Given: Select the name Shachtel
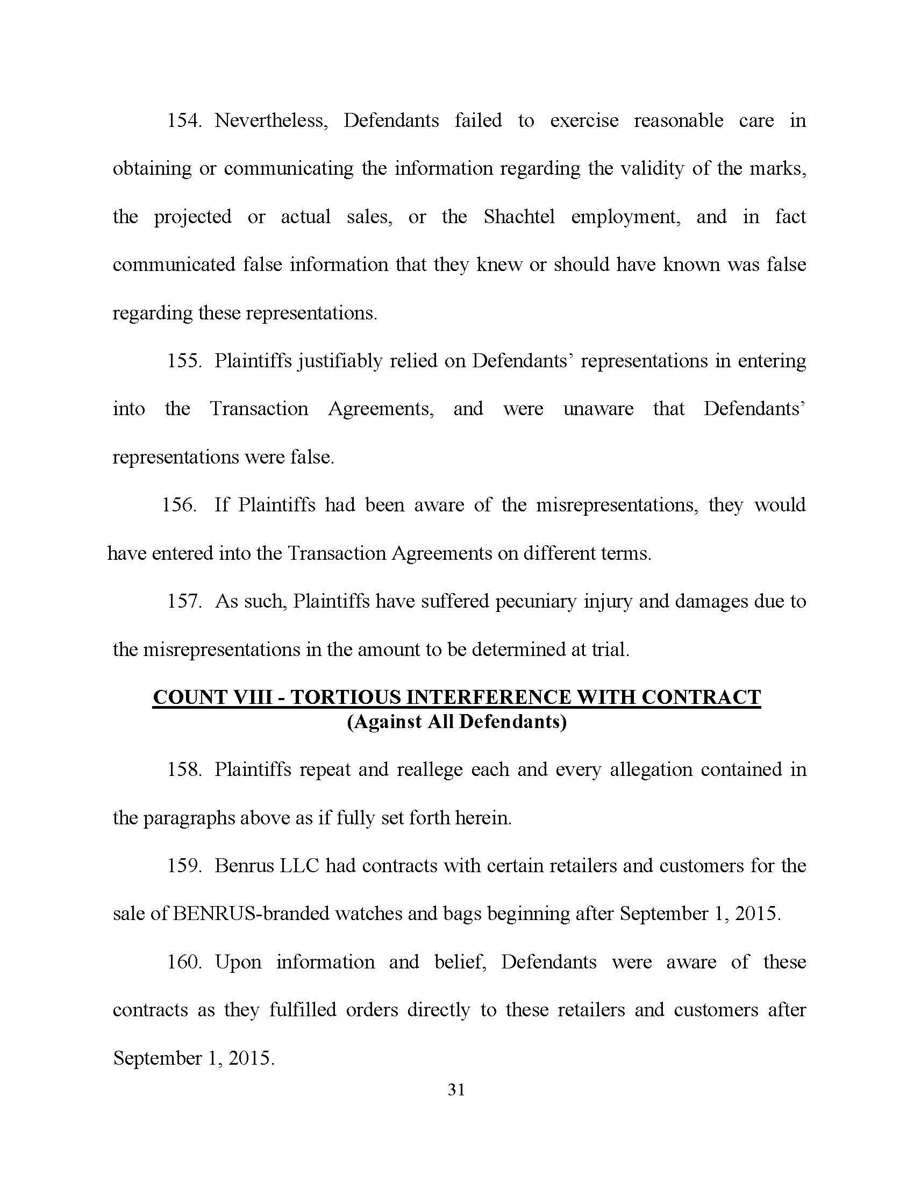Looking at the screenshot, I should [x=519, y=217].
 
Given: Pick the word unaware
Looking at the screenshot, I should [x=598, y=409].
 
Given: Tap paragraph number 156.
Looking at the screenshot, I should [x=179, y=505].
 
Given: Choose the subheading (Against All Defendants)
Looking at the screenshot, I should [x=456, y=722].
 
